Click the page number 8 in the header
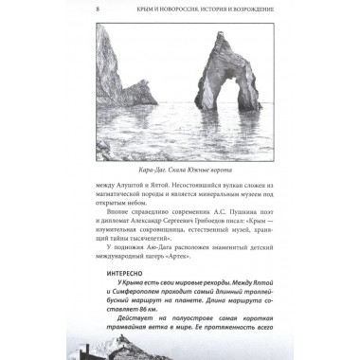[100, 9]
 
